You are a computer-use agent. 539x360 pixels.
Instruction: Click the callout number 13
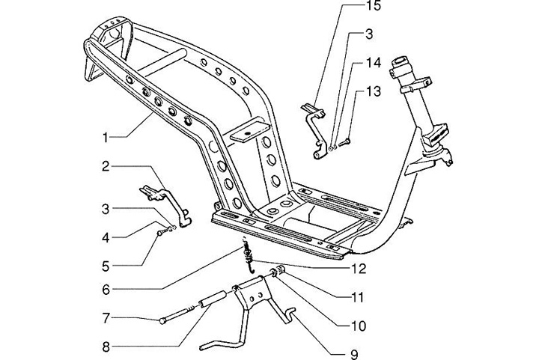click(373, 91)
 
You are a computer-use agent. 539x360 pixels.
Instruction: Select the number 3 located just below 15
click(370, 34)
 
